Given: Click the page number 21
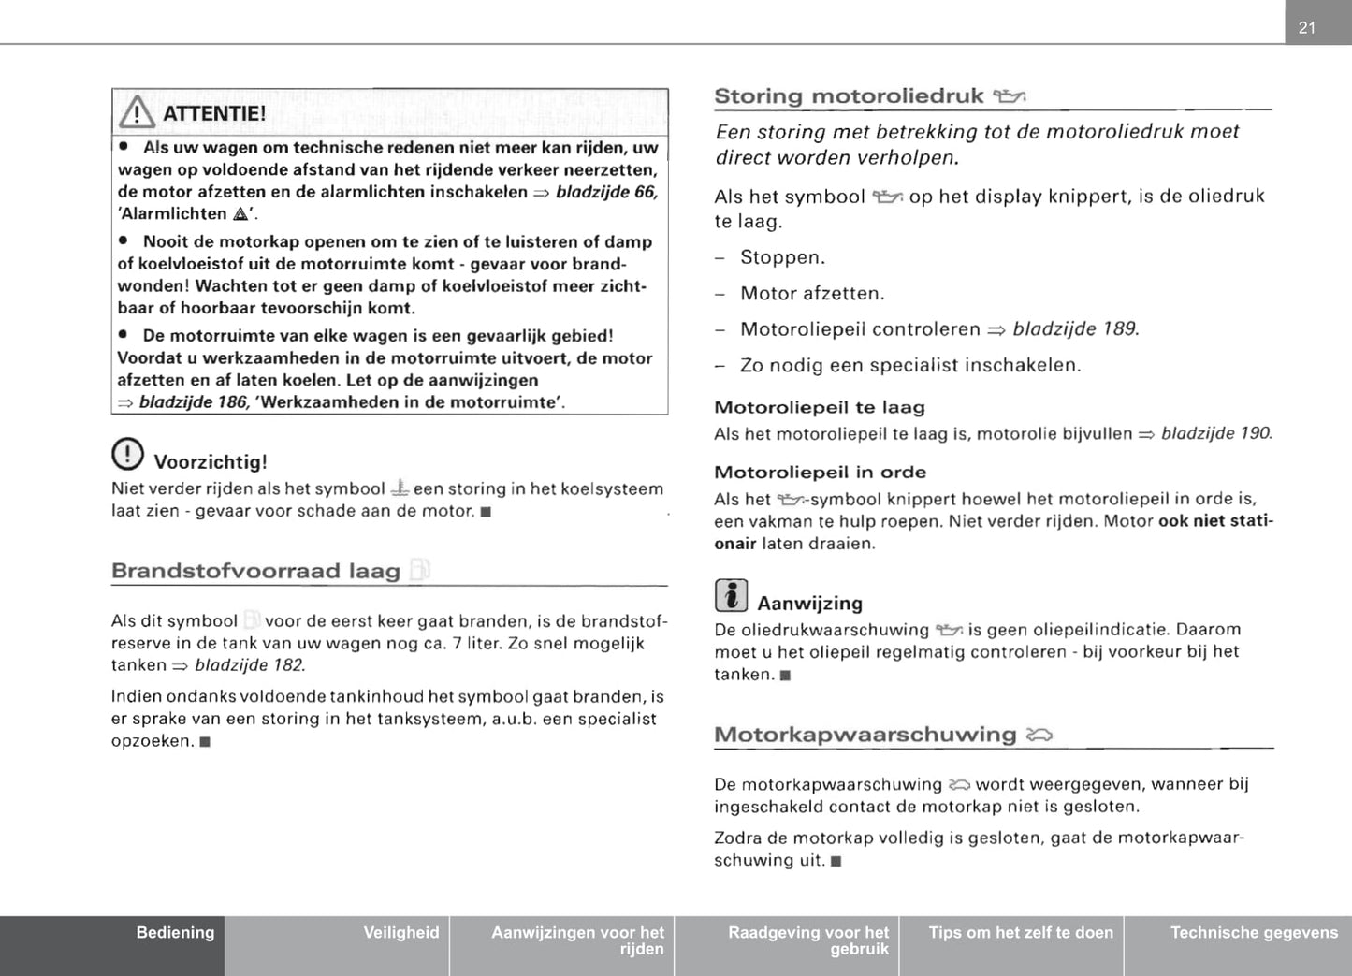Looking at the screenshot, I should (1307, 28).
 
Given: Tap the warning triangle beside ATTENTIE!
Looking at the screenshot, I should (138, 113).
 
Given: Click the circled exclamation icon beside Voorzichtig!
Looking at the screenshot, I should (127, 454).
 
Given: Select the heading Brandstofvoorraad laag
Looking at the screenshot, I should (255, 571).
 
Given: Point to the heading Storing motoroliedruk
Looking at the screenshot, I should (849, 96).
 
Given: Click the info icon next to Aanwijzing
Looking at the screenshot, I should (731, 595).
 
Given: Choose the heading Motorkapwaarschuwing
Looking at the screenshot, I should (865, 735).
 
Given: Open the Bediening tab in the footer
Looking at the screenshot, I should (175, 933).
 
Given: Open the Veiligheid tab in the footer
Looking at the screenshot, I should (400, 933).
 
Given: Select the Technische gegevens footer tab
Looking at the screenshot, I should (1254, 933).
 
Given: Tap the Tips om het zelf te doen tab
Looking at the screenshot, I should (1021, 933).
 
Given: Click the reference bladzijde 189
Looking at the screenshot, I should (1075, 329).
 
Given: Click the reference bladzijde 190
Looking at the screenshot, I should (1215, 434).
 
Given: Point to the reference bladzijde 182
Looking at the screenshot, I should (249, 666).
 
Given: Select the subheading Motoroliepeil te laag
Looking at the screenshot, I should (819, 408).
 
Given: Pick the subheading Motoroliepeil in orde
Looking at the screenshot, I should (820, 473).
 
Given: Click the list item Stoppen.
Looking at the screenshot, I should (782, 257).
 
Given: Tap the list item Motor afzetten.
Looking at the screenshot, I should (811, 294).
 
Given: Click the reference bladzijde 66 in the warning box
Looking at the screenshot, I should (606, 192).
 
